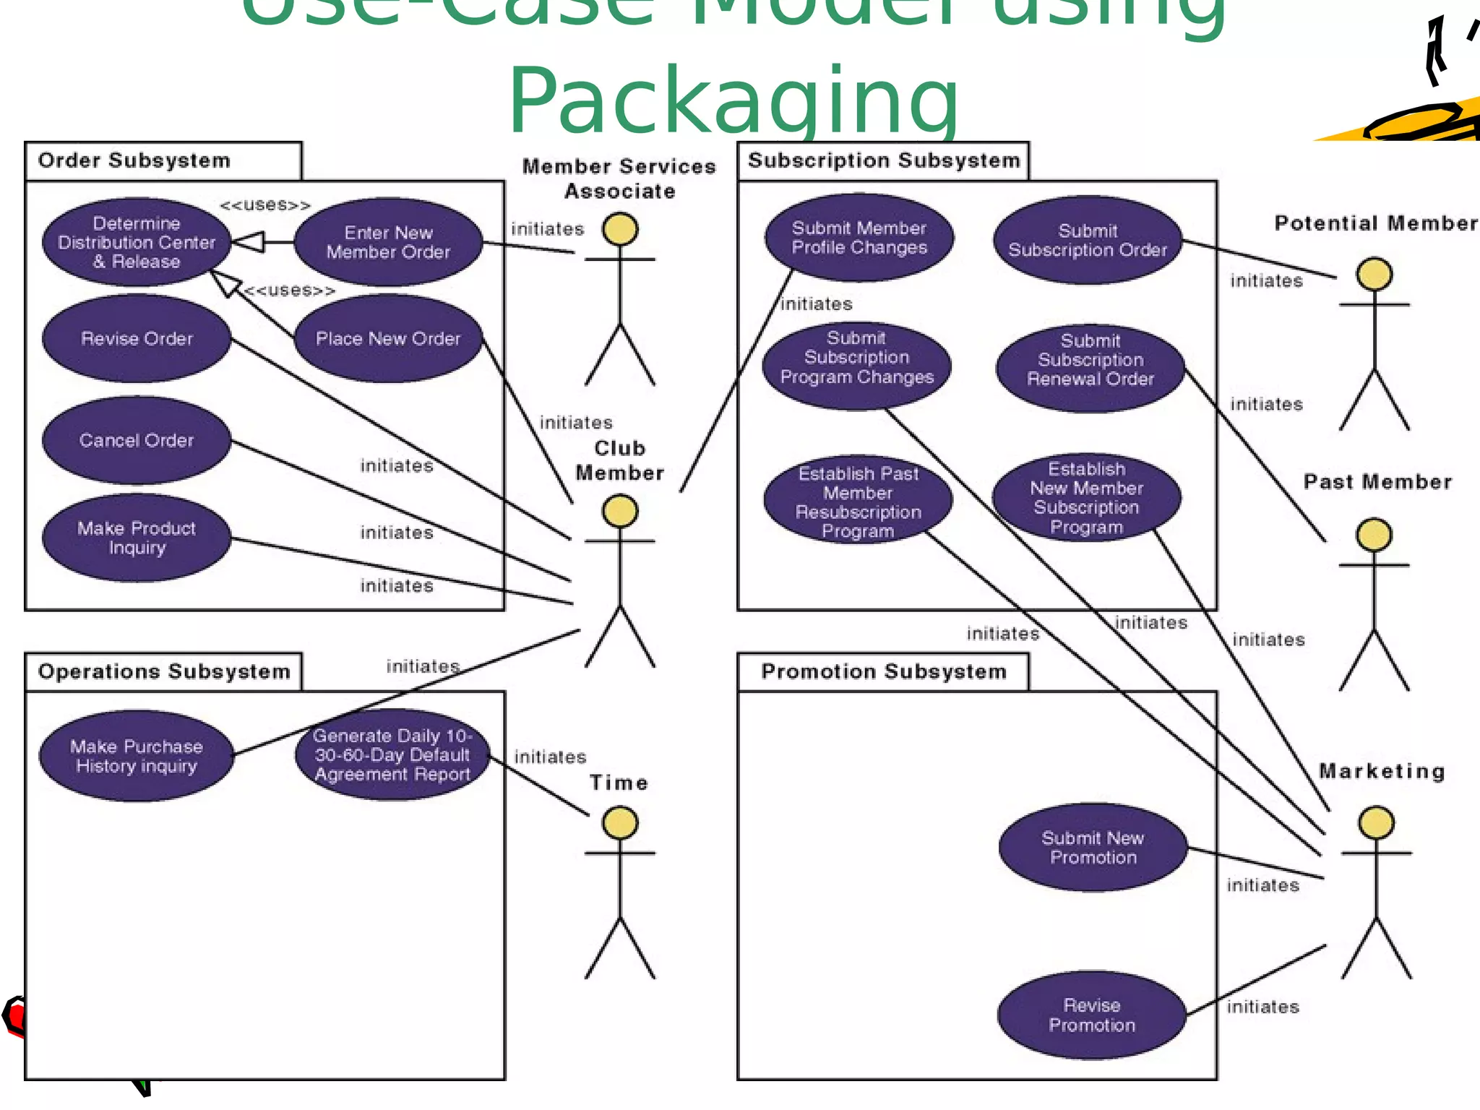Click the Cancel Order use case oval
[x=137, y=440]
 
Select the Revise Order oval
[x=137, y=338]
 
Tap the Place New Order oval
[x=388, y=338]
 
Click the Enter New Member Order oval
[x=388, y=242]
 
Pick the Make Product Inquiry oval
[x=137, y=538]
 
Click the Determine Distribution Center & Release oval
[x=137, y=242]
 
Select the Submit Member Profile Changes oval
[x=859, y=238]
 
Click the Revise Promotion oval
[x=1092, y=1015]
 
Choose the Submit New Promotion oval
[x=1093, y=847]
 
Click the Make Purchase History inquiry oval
[x=137, y=756]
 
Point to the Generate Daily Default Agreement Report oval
[x=392, y=754]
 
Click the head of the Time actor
[x=620, y=823]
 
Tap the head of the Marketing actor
[x=1376, y=823]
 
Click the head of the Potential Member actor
[x=1374, y=275]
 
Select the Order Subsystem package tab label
[x=134, y=160]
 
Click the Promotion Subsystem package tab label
[x=883, y=671]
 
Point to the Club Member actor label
[x=619, y=460]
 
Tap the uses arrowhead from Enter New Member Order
[x=247, y=242]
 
